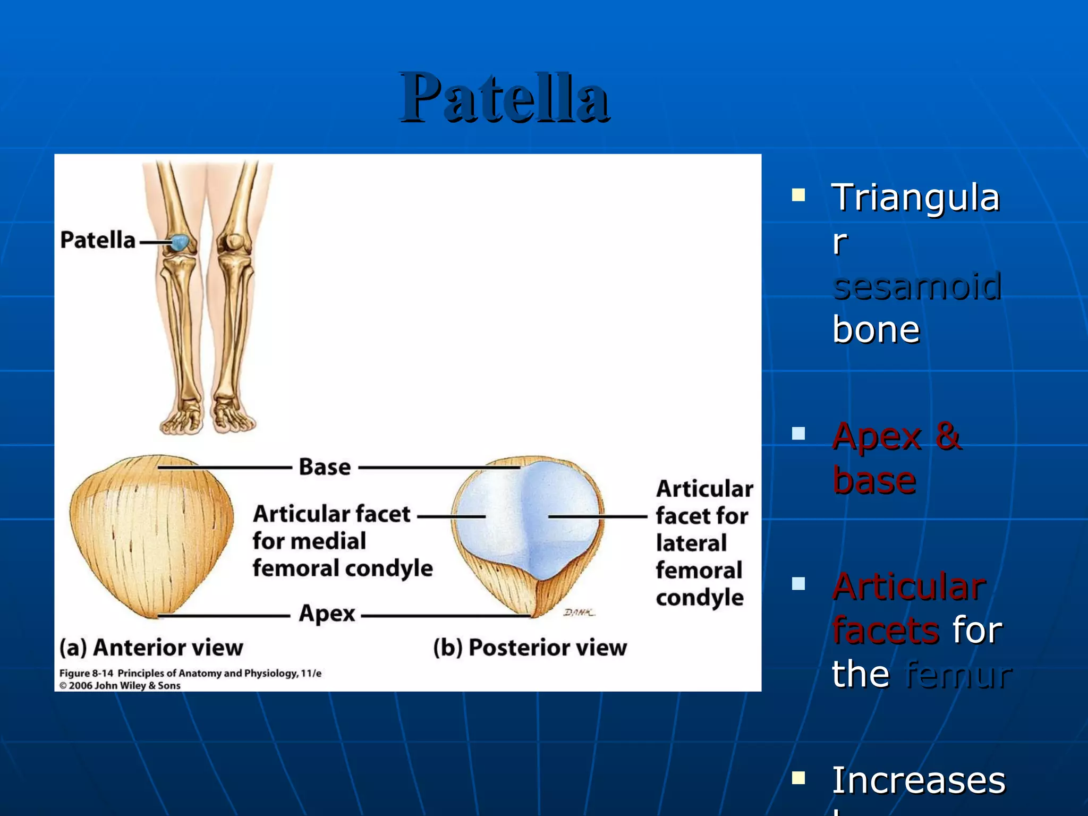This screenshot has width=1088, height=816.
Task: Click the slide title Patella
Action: (505, 98)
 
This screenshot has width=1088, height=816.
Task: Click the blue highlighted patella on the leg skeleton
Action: (181, 243)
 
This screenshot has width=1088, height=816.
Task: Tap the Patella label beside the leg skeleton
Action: (98, 240)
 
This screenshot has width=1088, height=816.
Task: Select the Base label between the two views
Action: (325, 467)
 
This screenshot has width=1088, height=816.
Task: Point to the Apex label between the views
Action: (327, 614)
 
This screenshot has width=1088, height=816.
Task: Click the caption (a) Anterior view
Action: (151, 648)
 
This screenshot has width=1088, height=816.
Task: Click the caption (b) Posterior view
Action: (530, 648)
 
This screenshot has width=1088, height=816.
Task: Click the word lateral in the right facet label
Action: (691, 543)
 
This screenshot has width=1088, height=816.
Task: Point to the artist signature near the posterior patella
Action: (579, 613)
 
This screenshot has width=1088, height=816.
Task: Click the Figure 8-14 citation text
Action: (190, 673)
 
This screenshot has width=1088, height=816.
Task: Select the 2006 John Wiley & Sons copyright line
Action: (120, 686)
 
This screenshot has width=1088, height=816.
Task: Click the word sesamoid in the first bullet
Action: (917, 286)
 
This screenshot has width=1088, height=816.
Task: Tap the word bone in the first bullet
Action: (876, 330)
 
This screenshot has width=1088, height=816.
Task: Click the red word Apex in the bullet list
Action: (877, 437)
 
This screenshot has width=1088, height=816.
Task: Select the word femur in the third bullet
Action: (959, 675)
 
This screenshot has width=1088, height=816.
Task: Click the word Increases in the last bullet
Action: (919, 780)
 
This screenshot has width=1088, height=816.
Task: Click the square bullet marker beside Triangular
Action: (798, 195)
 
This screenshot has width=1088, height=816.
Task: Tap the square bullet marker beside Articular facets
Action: (798, 584)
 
